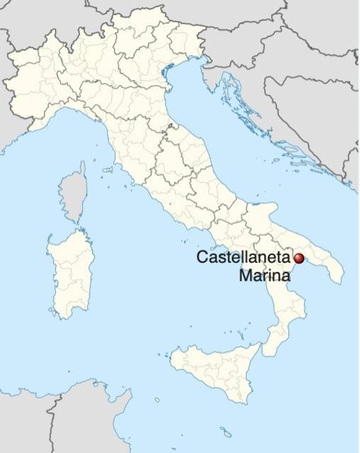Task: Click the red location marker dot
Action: (x=298, y=258)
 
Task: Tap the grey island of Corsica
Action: (x=74, y=193)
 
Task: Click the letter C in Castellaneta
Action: (x=202, y=257)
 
